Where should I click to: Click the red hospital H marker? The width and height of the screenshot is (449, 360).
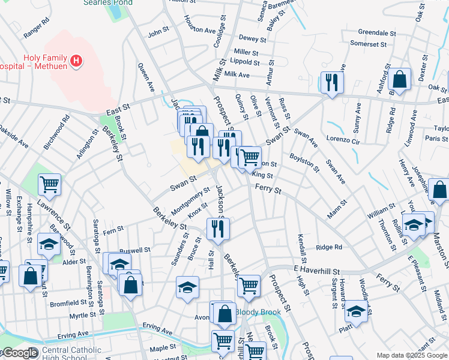point(76,61)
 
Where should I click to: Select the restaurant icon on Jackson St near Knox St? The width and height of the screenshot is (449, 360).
point(218,228)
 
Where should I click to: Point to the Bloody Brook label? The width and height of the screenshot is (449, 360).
point(258,312)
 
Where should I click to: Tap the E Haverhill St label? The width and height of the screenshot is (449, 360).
point(317,271)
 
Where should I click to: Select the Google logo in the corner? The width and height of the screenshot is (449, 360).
point(19,353)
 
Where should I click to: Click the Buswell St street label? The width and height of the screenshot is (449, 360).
point(134,250)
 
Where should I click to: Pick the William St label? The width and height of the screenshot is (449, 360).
point(382,212)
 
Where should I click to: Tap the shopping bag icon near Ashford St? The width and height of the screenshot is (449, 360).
point(399,79)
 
